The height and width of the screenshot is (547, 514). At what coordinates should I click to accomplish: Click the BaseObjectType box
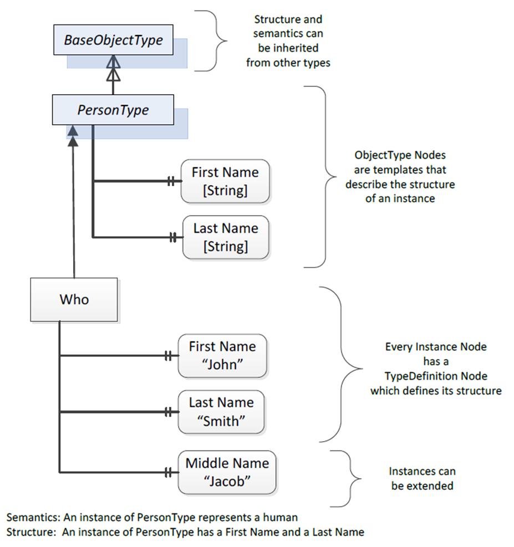coord(114,40)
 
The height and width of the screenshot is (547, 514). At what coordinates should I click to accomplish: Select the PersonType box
coord(113,110)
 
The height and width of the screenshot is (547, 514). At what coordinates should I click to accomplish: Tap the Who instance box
coord(74,300)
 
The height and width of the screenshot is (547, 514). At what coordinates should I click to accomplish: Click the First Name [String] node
coord(225,181)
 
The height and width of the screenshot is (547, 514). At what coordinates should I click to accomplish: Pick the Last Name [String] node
coord(226,238)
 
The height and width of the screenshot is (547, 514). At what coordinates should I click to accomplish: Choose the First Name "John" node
coord(222,356)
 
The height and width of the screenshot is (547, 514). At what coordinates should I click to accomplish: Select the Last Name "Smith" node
coord(221,412)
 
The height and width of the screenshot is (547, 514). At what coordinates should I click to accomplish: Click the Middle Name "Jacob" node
coord(227,472)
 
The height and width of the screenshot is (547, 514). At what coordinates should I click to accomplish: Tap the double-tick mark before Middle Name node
coord(168,473)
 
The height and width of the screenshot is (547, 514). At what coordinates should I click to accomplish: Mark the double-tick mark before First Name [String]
coord(171,181)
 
